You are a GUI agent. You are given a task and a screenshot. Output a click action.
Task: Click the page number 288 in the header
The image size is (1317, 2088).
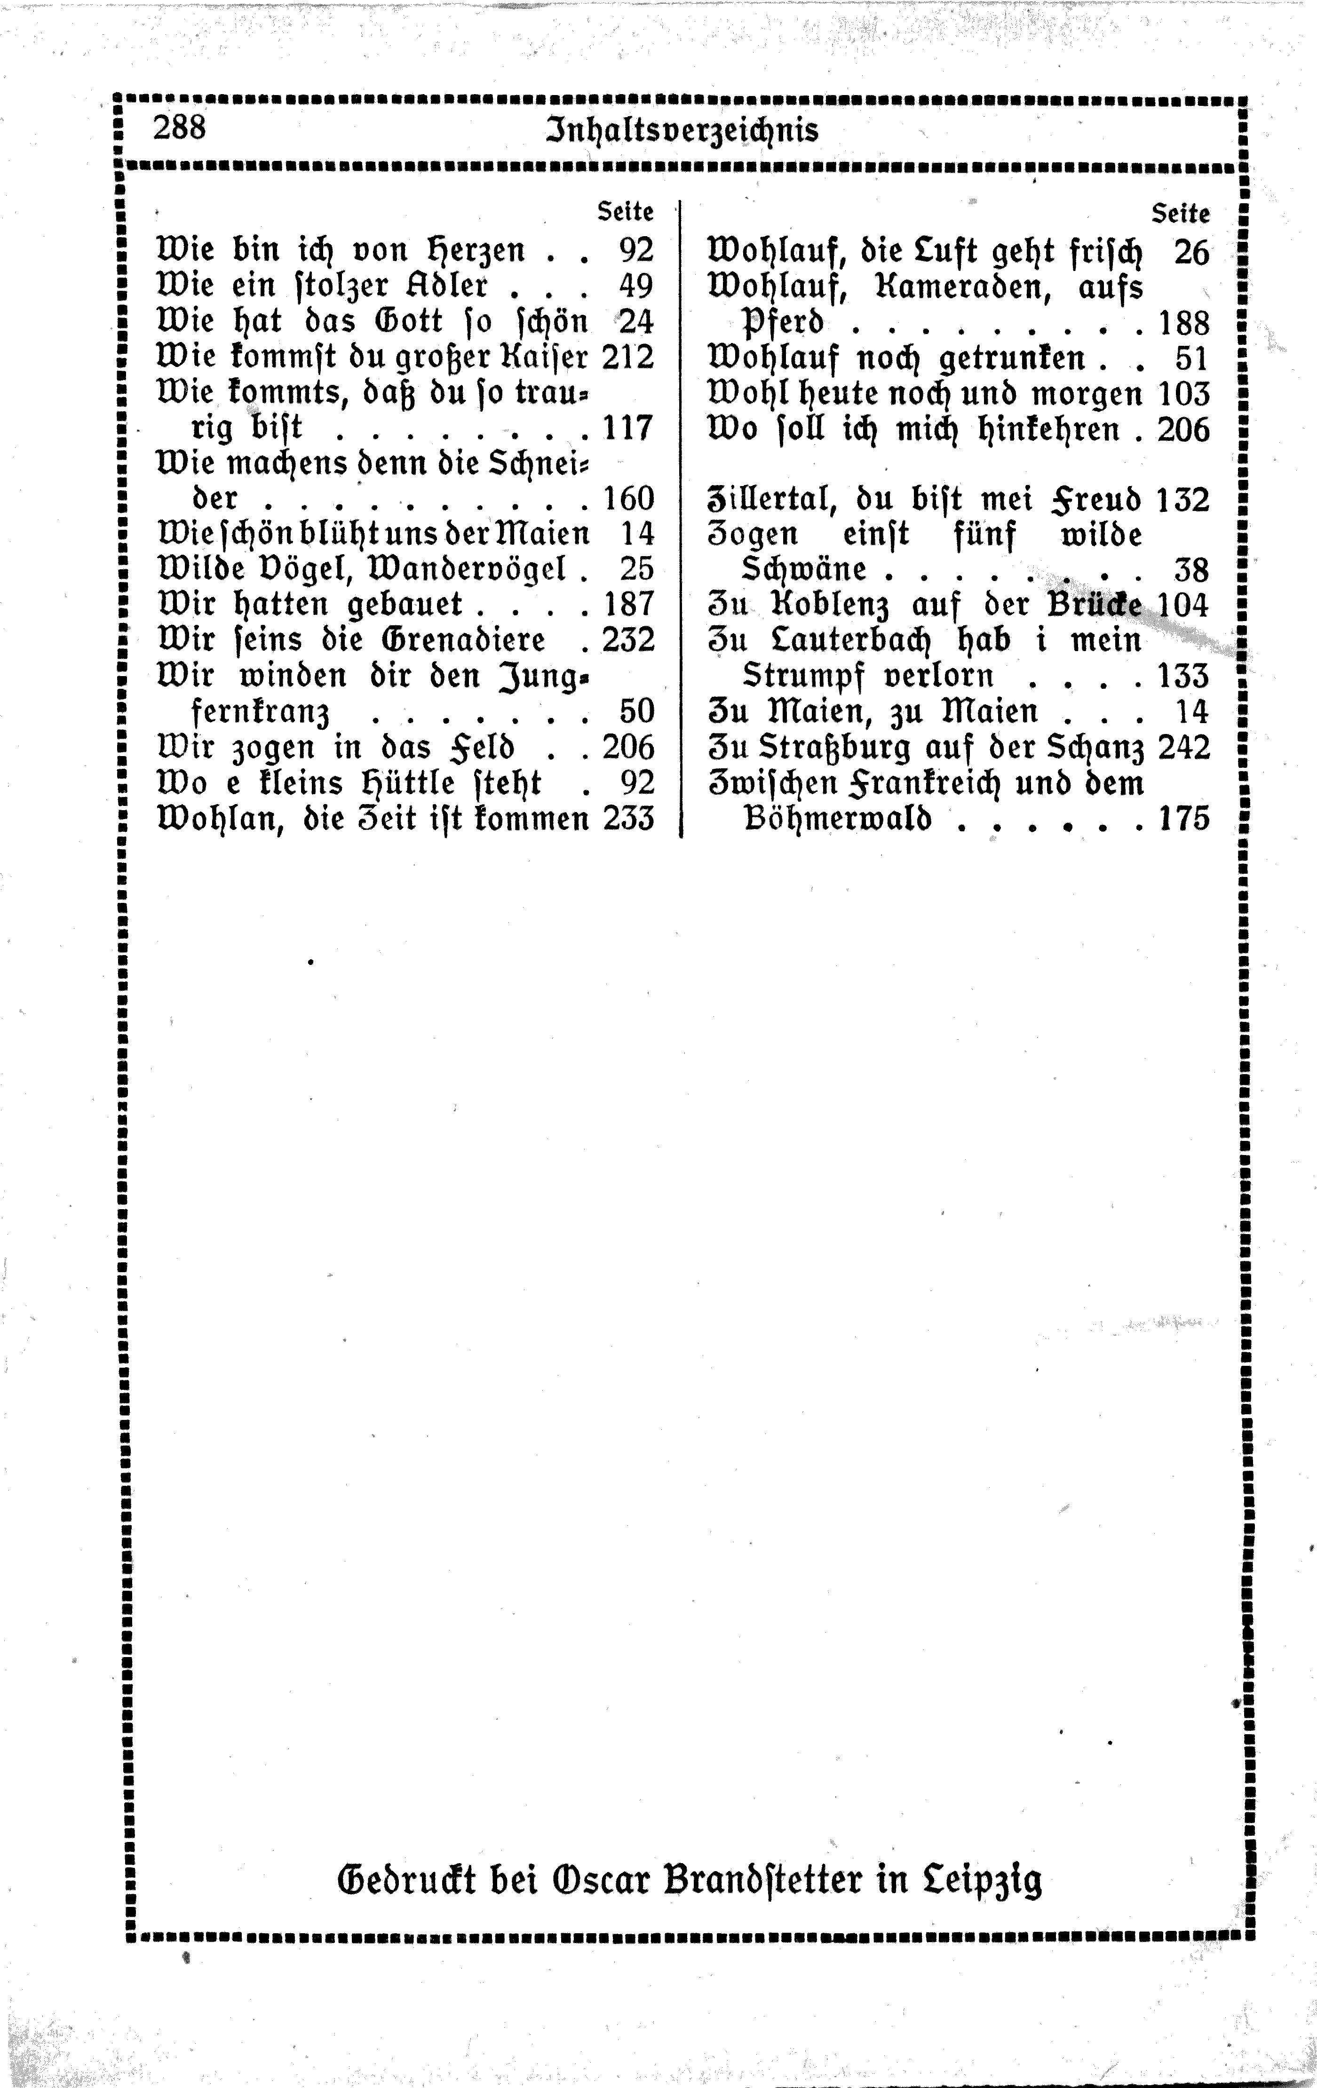(x=180, y=128)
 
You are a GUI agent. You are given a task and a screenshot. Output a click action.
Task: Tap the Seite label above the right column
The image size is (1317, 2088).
(x=1180, y=213)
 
